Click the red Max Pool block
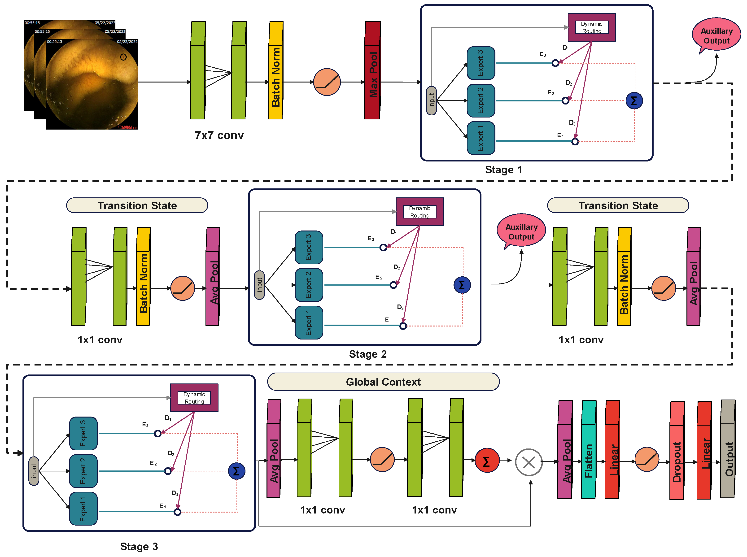tap(372, 70)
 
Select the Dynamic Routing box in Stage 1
tap(592, 27)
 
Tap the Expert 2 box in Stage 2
tap(309, 285)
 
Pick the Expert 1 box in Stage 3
tap(83, 509)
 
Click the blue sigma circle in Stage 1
tap(634, 100)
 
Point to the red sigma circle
tap(487, 461)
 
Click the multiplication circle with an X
tap(529, 462)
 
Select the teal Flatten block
tap(589, 449)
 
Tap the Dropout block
tap(677, 450)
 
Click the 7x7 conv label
tap(219, 135)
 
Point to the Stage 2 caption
tap(368, 354)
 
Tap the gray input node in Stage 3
tap(34, 471)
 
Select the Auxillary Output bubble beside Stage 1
tap(716, 35)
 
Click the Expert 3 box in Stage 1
tap(481, 63)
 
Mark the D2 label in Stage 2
tap(397, 267)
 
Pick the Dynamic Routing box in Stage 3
tap(194, 397)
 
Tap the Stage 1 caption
tap(503, 170)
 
